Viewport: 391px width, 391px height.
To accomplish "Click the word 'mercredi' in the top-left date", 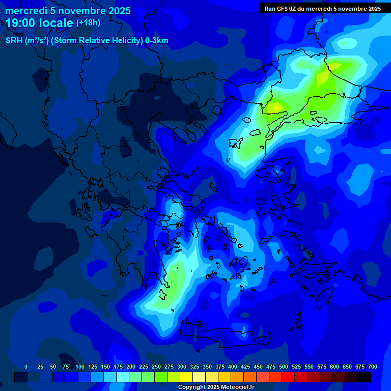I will point(25,11).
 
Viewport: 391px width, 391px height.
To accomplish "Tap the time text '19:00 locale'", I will point(40,22).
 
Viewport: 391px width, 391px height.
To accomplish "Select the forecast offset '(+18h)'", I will point(88,22).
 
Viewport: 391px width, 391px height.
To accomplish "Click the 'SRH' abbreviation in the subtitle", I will point(14,41).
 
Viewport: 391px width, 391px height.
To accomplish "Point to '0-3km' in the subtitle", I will point(157,41).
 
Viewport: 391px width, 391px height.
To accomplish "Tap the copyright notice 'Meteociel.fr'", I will point(236,387).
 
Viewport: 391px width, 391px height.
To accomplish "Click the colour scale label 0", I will point(26,367).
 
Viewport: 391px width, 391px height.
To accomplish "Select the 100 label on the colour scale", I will point(80,367).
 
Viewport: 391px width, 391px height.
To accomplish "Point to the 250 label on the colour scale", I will point(156,367).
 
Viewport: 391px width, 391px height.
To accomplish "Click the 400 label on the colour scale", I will point(233,367).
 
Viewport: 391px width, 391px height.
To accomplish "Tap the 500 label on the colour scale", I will point(284,367).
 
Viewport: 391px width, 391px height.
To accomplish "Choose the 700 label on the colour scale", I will point(373,367).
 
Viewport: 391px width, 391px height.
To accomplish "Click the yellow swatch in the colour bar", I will point(186,377).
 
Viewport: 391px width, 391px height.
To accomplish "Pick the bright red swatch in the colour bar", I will point(288,377).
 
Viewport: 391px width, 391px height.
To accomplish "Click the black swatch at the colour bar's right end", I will point(365,377).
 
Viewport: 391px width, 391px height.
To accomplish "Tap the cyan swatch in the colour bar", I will point(123,377).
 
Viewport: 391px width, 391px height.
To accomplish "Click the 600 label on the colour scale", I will point(334,367).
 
